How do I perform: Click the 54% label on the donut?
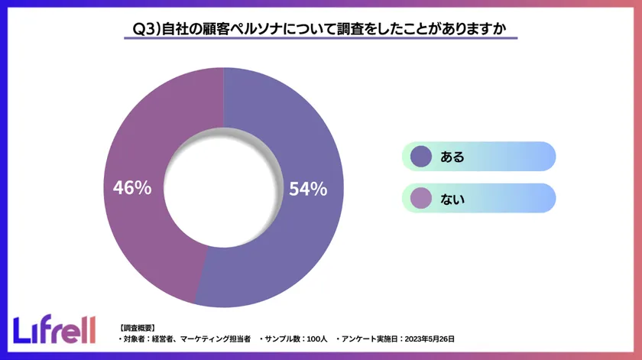(x=308, y=188)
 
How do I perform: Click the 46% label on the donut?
(x=132, y=187)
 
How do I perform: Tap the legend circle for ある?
(x=421, y=157)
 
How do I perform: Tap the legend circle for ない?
(x=421, y=199)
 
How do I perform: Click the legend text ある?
(x=452, y=157)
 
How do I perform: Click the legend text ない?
(x=452, y=199)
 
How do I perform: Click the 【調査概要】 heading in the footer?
(x=138, y=327)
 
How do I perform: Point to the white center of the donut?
(x=224, y=188)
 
